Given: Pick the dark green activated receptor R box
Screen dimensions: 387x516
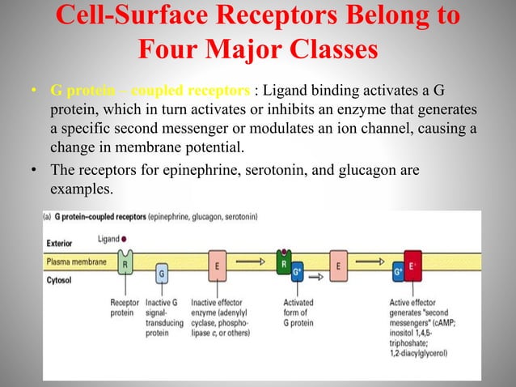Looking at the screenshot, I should pos(284,262).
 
